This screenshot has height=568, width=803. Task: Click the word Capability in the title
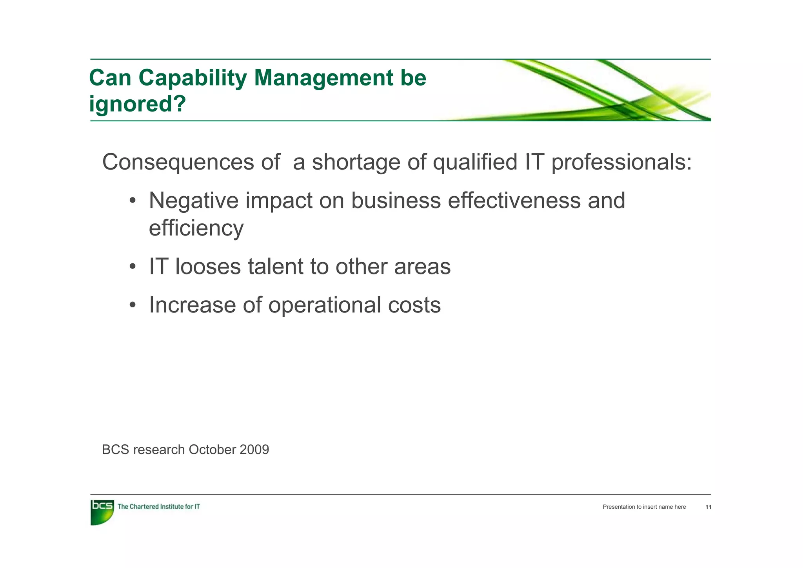point(192,78)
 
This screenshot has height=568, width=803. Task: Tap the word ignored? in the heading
point(137,104)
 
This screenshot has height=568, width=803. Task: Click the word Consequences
point(178,162)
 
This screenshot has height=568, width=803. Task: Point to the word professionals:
point(621,162)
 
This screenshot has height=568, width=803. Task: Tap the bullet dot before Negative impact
point(133,201)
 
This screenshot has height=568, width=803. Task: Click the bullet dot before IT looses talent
point(133,267)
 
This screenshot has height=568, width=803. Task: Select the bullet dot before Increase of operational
point(133,305)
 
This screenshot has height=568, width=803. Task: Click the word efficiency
point(196,228)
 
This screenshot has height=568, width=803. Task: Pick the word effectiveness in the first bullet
point(514,201)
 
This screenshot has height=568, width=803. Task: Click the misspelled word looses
point(208,267)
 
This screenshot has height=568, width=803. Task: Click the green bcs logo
point(102,511)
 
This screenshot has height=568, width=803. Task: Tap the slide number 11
point(708,507)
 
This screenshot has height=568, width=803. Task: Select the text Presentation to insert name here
point(644,507)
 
